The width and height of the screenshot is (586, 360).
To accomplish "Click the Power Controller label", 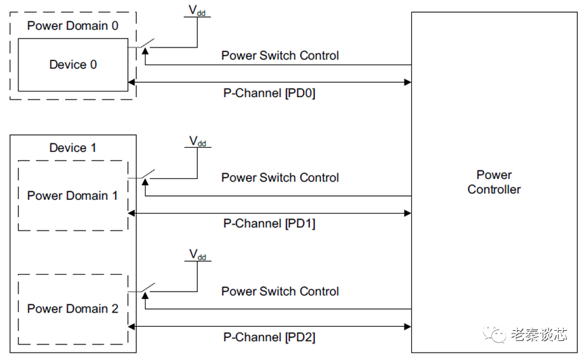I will [494, 182].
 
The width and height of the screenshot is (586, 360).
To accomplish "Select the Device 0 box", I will [72, 65].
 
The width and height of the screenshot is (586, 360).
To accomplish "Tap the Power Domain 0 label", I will [72, 26].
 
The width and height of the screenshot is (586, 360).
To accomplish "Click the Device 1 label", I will [72, 148].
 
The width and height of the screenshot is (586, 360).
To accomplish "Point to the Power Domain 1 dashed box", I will [72, 196].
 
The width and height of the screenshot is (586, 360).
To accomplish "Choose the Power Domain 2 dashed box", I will [72, 309].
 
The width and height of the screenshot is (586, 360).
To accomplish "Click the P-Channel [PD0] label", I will [269, 94].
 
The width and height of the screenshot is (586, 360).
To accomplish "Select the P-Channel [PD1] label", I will [269, 224].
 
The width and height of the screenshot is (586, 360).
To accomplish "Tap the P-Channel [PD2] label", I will [269, 337].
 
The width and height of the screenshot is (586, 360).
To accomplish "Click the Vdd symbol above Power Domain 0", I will [198, 12].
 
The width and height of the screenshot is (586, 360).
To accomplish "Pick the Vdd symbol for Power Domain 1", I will [198, 142].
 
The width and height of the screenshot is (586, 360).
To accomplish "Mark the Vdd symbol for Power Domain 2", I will [198, 256].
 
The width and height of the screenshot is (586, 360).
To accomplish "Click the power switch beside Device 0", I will [144, 46].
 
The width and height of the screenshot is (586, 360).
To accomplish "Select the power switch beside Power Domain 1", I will [144, 176].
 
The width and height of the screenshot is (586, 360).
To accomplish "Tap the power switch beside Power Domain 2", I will [144, 289].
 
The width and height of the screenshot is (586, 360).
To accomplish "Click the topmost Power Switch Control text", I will [280, 56].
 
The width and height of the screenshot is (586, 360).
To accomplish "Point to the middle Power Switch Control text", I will [280, 178].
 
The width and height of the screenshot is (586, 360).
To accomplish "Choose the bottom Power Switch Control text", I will [280, 292].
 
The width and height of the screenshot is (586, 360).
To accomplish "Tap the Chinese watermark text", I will [539, 334].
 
